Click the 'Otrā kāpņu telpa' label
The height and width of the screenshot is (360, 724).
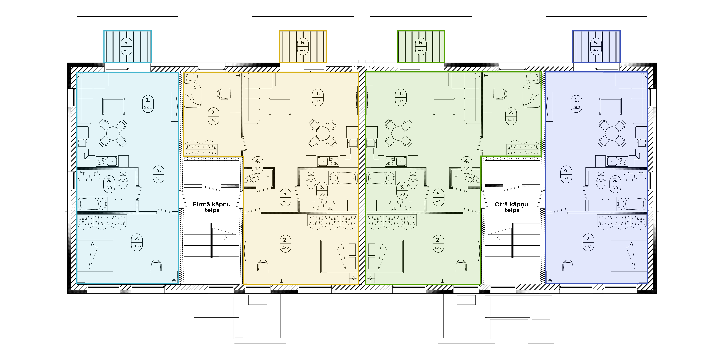[x=512, y=207]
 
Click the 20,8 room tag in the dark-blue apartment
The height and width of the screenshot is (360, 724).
[x=588, y=242]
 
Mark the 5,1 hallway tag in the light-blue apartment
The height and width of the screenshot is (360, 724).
[x=159, y=174]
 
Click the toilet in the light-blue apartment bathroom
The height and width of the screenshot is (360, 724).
[x=123, y=181]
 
